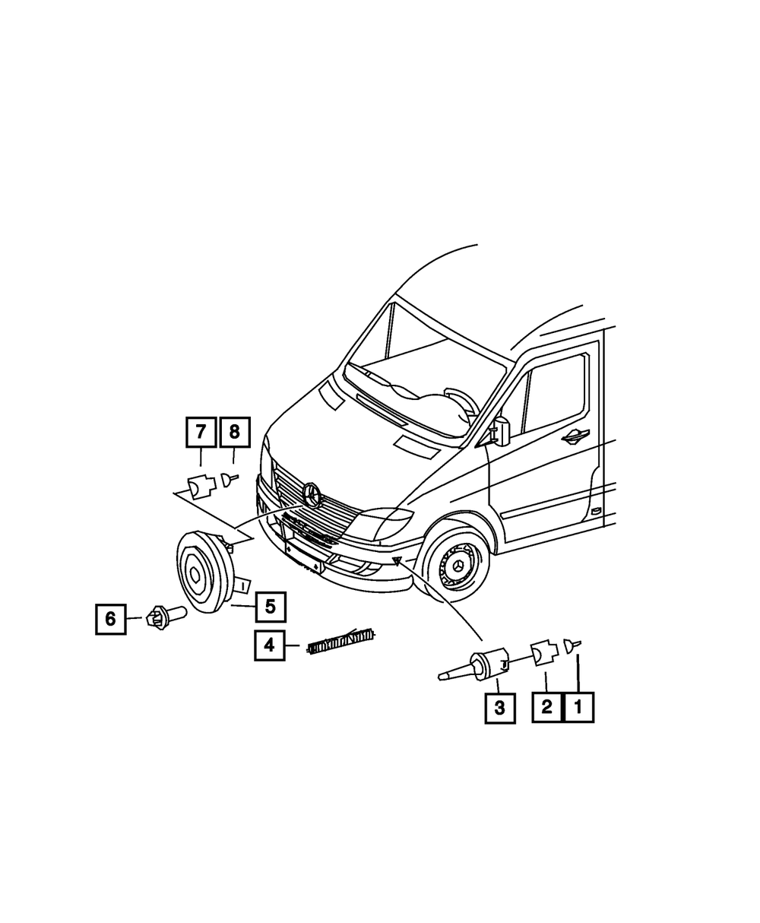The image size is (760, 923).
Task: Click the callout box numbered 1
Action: point(578,707)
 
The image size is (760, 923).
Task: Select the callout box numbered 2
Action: point(546,707)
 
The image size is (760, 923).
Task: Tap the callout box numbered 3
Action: point(499,708)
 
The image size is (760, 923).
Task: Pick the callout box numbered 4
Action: point(270,645)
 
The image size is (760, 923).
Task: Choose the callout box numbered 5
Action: point(270,607)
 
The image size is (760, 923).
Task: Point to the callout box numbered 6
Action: point(111,619)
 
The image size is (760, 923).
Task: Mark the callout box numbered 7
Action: point(201,433)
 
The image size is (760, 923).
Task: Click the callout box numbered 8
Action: point(234,433)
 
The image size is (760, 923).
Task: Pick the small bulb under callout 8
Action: point(228,479)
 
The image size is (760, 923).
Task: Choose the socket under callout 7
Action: point(201,487)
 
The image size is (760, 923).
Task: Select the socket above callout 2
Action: point(542,653)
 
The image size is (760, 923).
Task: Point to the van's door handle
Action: point(575,435)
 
